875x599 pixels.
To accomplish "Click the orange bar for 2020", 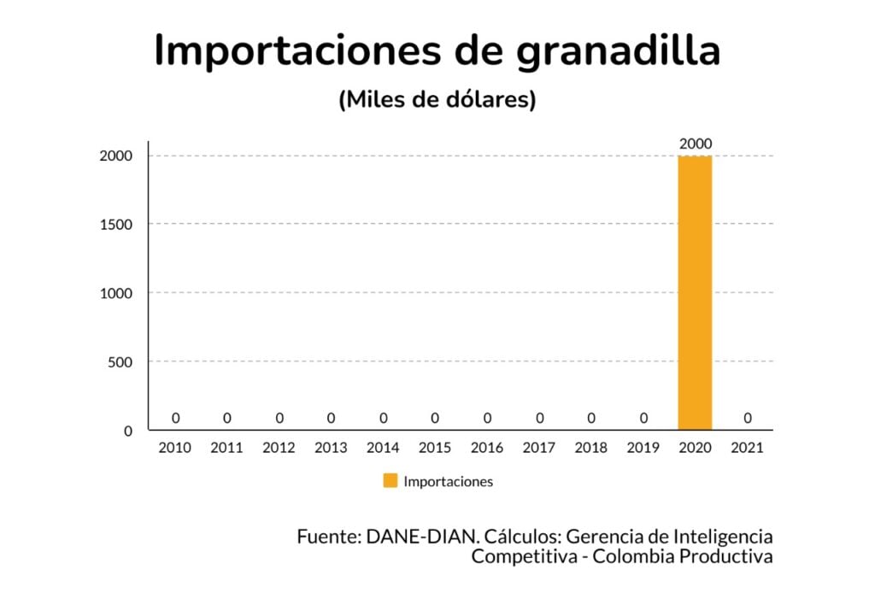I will click(x=695, y=293).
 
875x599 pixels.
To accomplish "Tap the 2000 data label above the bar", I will click(x=696, y=144).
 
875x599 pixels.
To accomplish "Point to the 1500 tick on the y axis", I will click(x=116, y=224).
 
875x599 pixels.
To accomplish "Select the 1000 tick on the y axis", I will click(x=116, y=293).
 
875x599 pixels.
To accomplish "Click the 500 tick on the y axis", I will click(x=120, y=361).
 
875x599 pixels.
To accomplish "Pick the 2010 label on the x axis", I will click(x=175, y=448).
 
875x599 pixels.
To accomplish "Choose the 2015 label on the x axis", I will click(x=435, y=448).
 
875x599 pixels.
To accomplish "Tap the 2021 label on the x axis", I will click(x=748, y=448).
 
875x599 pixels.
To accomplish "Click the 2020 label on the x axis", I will click(x=696, y=448).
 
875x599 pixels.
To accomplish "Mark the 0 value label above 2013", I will click(x=332, y=418).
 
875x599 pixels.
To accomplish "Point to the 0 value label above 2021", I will click(x=748, y=418).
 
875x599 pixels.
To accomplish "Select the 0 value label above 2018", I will click(x=591, y=418).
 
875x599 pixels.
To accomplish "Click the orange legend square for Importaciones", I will click(x=390, y=481).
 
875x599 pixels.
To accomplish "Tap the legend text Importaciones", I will click(x=448, y=481).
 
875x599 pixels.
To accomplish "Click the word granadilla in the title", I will click(x=619, y=51).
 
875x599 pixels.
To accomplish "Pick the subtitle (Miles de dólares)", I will click(x=437, y=100).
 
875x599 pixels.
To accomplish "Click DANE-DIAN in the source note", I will click(x=420, y=537).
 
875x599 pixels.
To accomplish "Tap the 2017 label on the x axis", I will click(x=539, y=448).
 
